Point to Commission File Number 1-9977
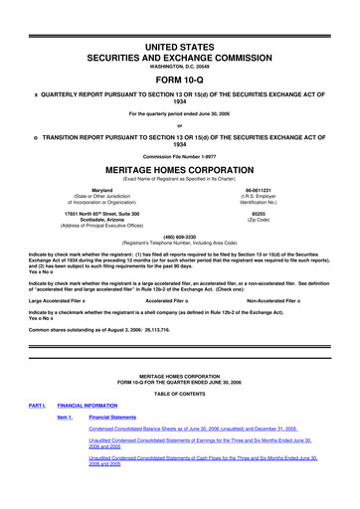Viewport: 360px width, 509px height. tap(180, 155)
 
